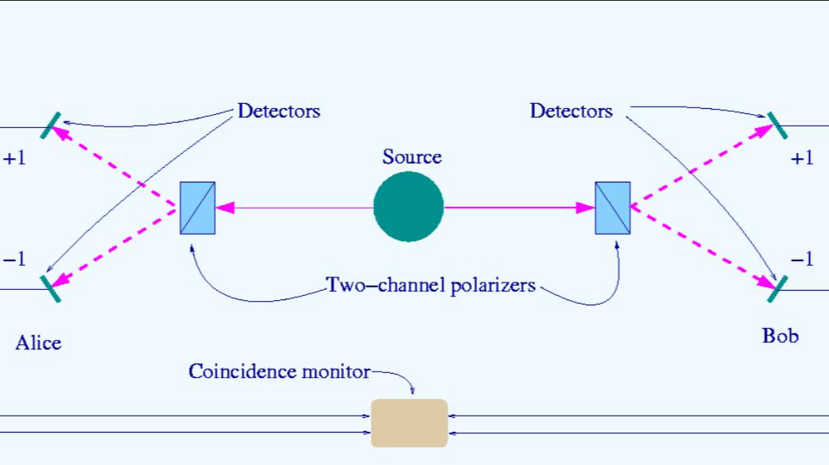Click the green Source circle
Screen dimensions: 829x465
[x=408, y=207]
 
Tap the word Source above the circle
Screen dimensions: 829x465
[x=412, y=157]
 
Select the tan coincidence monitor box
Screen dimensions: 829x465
[x=409, y=423]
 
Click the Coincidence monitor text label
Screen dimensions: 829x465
[x=279, y=372]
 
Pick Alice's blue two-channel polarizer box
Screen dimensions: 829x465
[x=198, y=208]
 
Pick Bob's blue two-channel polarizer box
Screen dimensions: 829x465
[x=613, y=208]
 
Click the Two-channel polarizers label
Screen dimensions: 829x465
[x=431, y=285]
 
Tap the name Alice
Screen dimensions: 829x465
[x=38, y=343]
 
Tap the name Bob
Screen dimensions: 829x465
[x=780, y=336]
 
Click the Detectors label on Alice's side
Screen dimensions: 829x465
[x=279, y=111]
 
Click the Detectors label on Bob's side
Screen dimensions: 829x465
[x=571, y=111]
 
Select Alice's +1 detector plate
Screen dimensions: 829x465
[x=51, y=125]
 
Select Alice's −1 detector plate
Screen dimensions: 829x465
[x=51, y=289]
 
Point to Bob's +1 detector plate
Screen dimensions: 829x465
[x=778, y=125]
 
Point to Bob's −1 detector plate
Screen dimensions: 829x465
[x=778, y=289]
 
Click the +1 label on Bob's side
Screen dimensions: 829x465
[x=802, y=158]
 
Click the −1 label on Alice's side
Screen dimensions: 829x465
[x=14, y=259]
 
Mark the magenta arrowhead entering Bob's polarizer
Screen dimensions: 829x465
[x=585, y=208]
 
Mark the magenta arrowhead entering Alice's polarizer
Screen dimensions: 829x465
[x=225, y=208]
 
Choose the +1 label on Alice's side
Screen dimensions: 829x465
[x=14, y=158]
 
